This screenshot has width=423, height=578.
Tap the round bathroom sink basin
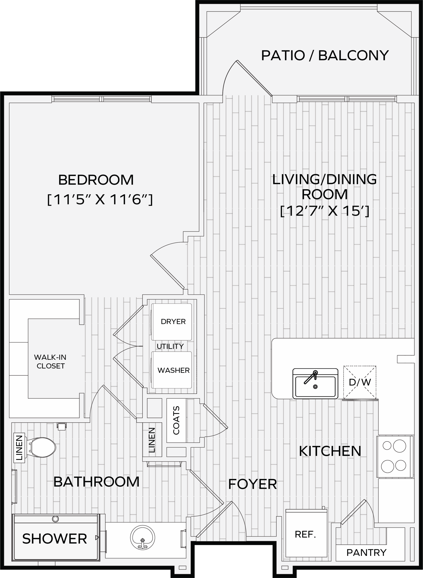coord(143,538)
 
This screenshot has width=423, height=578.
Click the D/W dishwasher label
coord(360,382)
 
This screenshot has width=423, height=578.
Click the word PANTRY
coord(366,553)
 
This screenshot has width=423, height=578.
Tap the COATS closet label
coord(176,420)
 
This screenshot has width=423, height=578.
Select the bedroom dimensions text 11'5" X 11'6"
coord(100,199)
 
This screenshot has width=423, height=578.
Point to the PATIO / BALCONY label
coord(325,55)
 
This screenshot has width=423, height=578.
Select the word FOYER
coord(253,484)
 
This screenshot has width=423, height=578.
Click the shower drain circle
coord(55,519)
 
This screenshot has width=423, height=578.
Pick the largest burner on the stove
coord(399,446)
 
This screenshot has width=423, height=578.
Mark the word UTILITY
coord(170,346)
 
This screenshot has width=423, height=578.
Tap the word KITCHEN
coord(330,451)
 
